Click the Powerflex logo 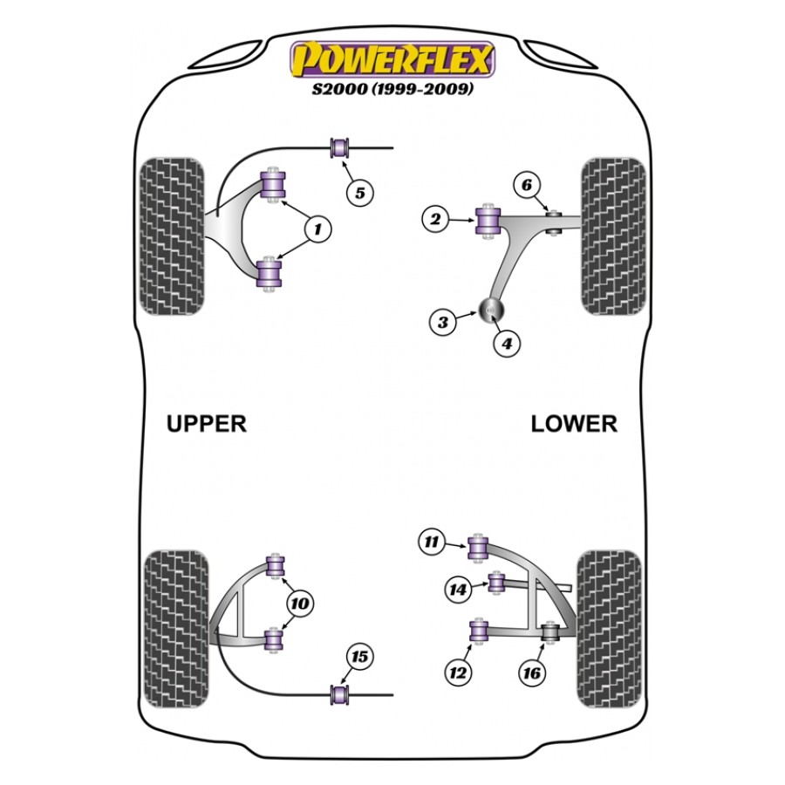pyautogui.click(x=392, y=59)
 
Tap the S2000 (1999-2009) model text pyautogui.click(x=392, y=89)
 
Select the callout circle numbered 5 pyautogui.click(x=360, y=193)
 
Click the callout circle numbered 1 pyautogui.click(x=317, y=229)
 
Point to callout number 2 pyautogui.click(x=435, y=219)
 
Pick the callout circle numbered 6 pyautogui.click(x=527, y=185)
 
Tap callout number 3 pyautogui.click(x=442, y=322)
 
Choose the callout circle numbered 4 pyautogui.click(x=507, y=344)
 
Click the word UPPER pyautogui.click(x=206, y=424)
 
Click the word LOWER pyautogui.click(x=574, y=424)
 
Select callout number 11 pyautogui.click(x=432, y=542)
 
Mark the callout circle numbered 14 pyautogui.click(x=458, y=590)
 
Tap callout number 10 pyautogui.click(x=300, y=604)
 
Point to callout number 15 pyautogui.click(x=359, y=657)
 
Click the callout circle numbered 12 pyautogui.click(x=458, y=672)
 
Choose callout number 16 pyautogui.click(x=532, y=672)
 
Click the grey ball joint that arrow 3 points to pyautogui.click(x=491, y=311)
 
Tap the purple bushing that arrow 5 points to pyautogui.click(x=340, y=147)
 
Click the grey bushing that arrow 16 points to pyautogui.click(x=550, y=631)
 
